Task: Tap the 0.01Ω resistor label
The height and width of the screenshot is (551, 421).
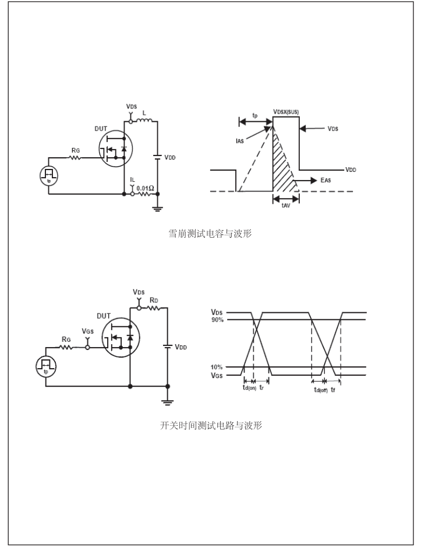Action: pos(145,188)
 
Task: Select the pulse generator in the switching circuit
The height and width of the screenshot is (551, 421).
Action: pos(45,364)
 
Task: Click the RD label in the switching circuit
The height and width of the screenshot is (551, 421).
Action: pos(154,301)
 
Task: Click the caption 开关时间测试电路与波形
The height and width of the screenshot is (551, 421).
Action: pos(211,426)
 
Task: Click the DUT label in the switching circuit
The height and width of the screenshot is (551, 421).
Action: pos(104,316)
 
